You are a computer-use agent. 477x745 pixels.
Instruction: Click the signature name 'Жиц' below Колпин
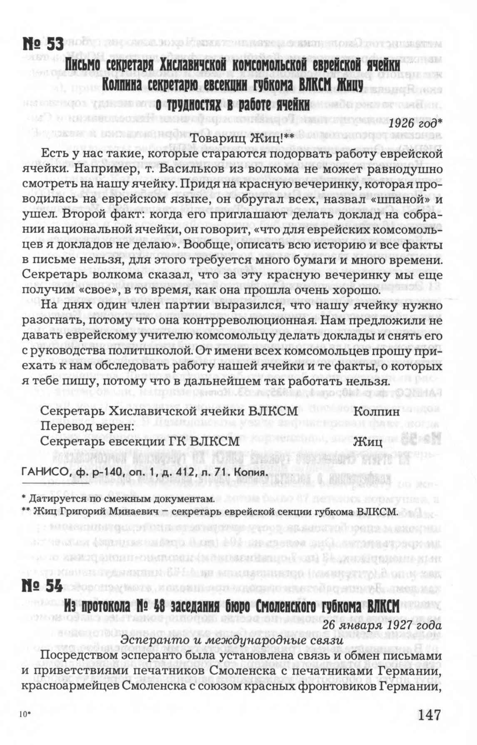(368, 442)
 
